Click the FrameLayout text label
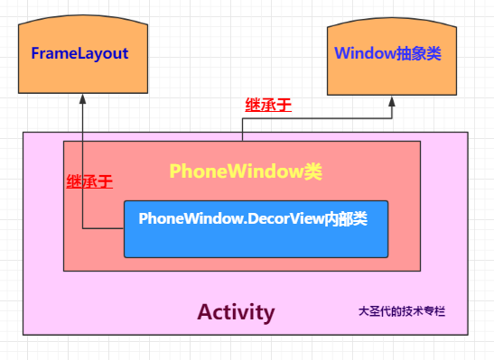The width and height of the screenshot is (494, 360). point(79,53)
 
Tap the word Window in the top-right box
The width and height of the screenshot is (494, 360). point(364,53)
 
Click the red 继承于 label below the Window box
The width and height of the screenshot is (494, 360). point(268,105)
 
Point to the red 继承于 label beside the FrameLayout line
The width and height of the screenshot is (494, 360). point(89,181)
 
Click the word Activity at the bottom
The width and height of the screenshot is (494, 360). point(236,312)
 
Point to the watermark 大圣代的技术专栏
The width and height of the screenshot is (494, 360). point(402,311)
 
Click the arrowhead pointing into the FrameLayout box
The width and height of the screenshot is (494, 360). point(81,99)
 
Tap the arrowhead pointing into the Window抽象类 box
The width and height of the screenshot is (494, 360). point(393,100)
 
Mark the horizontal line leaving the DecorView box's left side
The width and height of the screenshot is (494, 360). point(102,228)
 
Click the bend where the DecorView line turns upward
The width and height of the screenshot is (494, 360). point(81,228)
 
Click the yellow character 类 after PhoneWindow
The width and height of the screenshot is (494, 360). point(312,171)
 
